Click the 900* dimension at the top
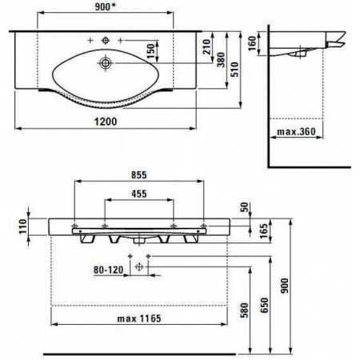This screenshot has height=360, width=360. pyautogui.click(x=105, y=7)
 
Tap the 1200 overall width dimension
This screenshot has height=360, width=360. pyautogui.click(x=106, y=122)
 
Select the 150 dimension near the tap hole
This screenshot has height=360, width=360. pyautogui.click(x=150, y=51)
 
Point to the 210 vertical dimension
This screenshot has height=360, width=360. pyautogui.click(x=207, y=47)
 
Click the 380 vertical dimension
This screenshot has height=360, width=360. pyautogui.click(x=221, y=60)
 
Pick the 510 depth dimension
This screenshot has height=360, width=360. pyautogui.click(x=234, y=70)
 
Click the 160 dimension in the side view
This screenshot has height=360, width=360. pyautogui.click(x=252, y=43)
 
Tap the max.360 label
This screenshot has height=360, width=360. pyautogui.click(x=296, y=132)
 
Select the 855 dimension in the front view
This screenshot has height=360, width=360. pyautogui.click(x=139, y=175)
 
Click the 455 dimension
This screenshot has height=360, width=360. pyautogui.click(x=139, y=194)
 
